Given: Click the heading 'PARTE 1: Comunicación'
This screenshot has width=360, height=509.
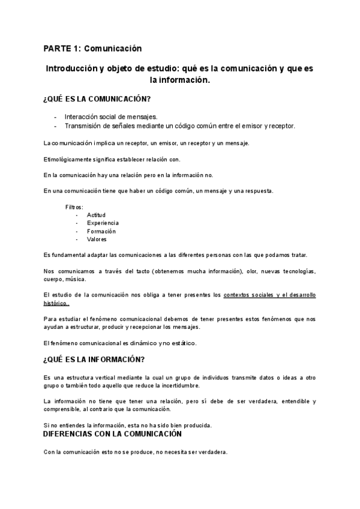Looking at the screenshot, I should pos(92,48).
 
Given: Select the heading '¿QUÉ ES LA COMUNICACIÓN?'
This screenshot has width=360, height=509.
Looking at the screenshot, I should pos(97,99).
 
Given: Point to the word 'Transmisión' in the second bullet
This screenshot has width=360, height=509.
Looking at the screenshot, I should pos(83,126).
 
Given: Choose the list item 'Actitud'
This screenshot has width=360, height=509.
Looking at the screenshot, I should pos(96,215).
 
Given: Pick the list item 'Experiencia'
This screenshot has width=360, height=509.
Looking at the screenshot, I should pos(103,223).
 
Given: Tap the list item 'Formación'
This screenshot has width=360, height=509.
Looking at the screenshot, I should pos(101,231).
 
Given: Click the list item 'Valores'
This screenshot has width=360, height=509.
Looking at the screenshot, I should pos(97,239).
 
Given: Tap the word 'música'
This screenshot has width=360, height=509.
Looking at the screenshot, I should pos(76,279).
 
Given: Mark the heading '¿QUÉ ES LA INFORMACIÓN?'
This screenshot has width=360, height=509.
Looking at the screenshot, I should pos(94,360).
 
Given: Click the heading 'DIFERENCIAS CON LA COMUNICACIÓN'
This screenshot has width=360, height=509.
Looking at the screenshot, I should pos(113,433).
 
